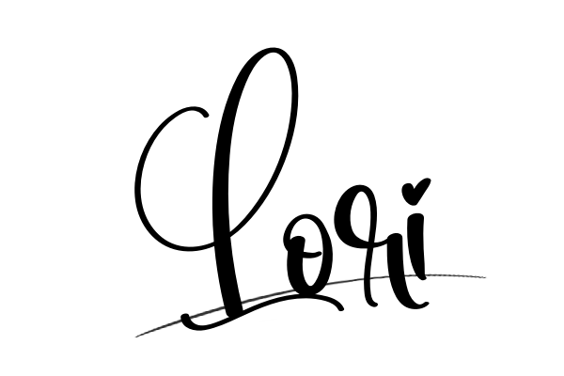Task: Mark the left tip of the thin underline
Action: pos(136,337)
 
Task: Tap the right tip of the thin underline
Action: pos(486,277)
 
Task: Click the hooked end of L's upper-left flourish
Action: pos(205,115)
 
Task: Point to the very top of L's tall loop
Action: pos(274,49)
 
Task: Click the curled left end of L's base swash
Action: pos(185,319)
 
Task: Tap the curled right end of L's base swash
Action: pos(340,307)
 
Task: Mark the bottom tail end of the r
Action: pos(373,304)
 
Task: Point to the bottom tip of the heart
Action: pos(414,205)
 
